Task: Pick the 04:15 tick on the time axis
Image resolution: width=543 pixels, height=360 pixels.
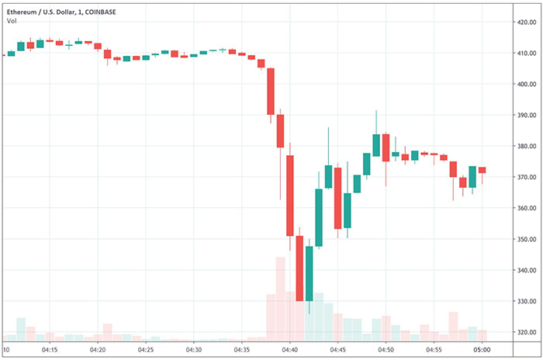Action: click(50, 351)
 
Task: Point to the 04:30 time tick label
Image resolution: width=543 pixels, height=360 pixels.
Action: click(194, 351)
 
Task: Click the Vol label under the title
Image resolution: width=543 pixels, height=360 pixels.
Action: click(12, 20)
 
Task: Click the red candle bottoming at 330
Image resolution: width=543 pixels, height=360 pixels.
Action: click(299, 268)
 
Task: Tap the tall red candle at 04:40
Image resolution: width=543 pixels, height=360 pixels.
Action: click(289, 196)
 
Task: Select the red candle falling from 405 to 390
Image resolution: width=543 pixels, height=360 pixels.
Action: click(271, 92)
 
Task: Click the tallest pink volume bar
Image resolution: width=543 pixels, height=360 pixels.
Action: click(280, 299)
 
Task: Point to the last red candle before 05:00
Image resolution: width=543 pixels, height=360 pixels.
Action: click(482, 170)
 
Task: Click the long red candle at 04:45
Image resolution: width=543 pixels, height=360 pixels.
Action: click(337, 198)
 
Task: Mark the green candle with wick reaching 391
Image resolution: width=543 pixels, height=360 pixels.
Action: click(376, 145)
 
